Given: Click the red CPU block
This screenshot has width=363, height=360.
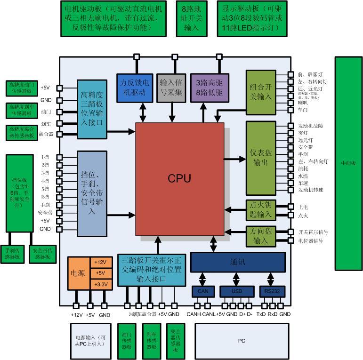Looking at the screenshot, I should [x=179, y=179].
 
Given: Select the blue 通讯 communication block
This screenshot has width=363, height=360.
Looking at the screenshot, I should [x=238, y=262].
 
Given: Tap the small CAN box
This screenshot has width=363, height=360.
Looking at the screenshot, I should [x=203, y=291].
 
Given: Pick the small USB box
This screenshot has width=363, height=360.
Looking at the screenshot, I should [x=236, y=291].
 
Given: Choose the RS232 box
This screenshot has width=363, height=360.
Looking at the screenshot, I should [x=272, y=291].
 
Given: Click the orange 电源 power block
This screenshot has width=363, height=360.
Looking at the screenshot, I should [x=78, y=273].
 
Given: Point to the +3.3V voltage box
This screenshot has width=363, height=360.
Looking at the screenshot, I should [x=101, y=284].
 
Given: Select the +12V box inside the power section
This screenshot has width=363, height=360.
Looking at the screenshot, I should [x=101, y=262].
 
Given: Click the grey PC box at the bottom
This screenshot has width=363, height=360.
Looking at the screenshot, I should [x=241, y=341].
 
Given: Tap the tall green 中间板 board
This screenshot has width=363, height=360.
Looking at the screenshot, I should [x=348, y=163].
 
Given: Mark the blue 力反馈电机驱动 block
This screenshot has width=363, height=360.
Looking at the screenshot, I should [x=135, y=88].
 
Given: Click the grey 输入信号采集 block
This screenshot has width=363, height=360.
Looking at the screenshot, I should [x=171, y=88].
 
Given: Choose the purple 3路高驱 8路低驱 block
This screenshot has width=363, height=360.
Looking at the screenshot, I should [x=209, y=88].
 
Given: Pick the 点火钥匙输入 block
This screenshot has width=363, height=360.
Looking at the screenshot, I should [x=260, y=210].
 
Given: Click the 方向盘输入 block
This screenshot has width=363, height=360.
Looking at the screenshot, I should [x=260, y=236].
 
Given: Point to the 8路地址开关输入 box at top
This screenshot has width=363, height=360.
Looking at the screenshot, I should [x=192, y=19].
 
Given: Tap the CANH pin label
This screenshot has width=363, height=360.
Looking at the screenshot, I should [x=194, y=314].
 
